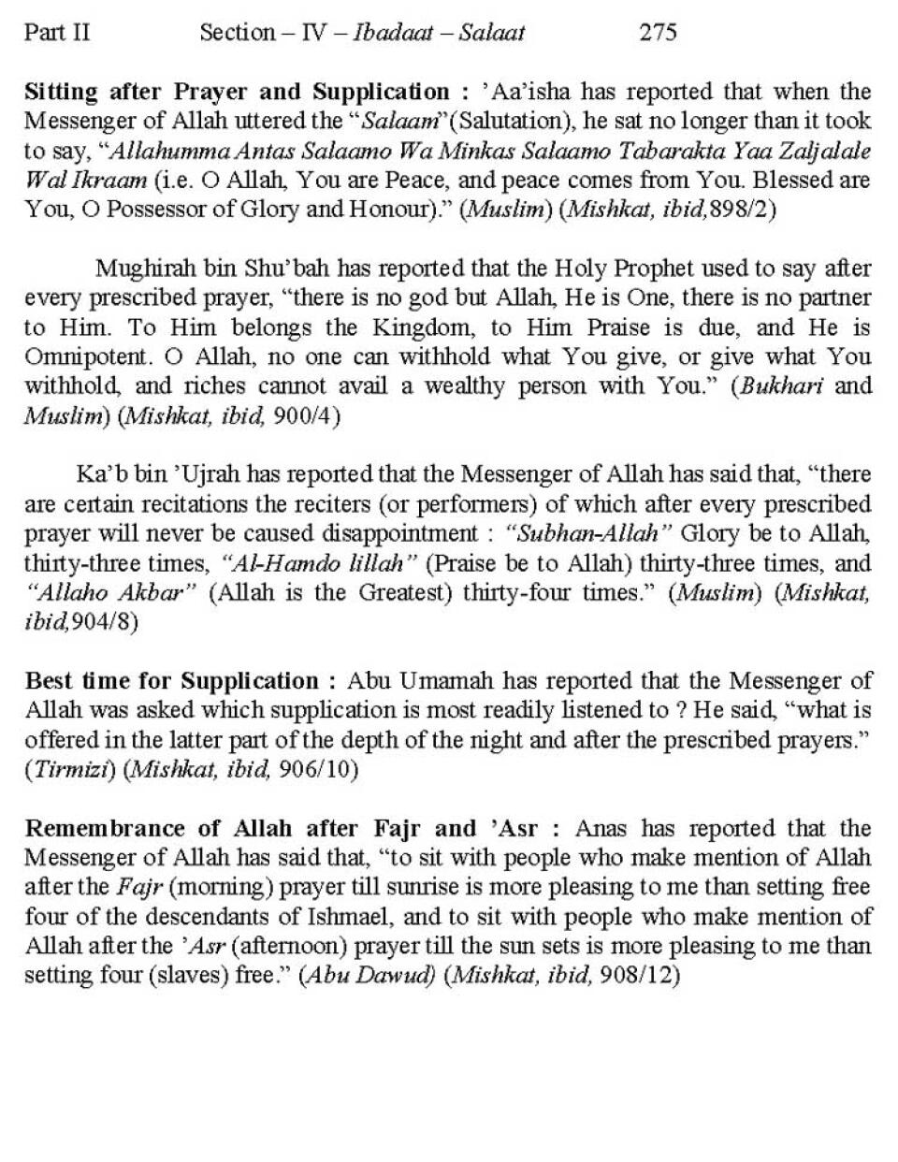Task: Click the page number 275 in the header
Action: pyautogui.click(x=658, y=33)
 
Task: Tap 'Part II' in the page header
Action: pyautogui.click(x=57, y=33)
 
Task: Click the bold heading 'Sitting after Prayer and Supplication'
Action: pyautogui.click(x=237, y=92)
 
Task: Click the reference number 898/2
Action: pyautogui.click(x=743, y=209)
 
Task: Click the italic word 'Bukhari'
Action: pyautogui.click(x=781, y=385)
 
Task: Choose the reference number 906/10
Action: pyautogui.click(x=324, y=769)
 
